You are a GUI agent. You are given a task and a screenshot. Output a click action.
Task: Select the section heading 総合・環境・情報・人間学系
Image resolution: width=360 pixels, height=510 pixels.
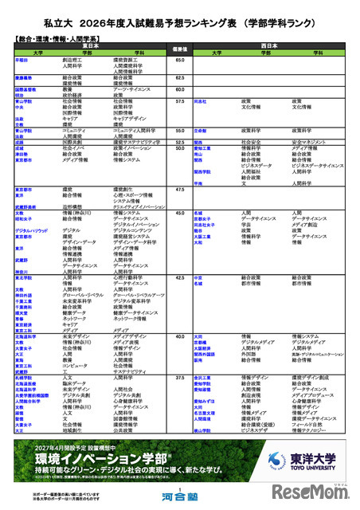click(60, 37)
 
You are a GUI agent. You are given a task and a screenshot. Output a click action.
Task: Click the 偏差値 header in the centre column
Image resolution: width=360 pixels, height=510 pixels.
click(180, 49)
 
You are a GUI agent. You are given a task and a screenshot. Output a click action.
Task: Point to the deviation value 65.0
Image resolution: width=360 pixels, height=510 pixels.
click(180, 59)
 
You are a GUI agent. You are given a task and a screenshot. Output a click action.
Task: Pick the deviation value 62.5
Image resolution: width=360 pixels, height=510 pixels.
click(180, 78)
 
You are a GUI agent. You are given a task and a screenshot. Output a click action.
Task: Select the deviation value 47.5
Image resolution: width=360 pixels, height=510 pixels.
click(180, 189)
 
